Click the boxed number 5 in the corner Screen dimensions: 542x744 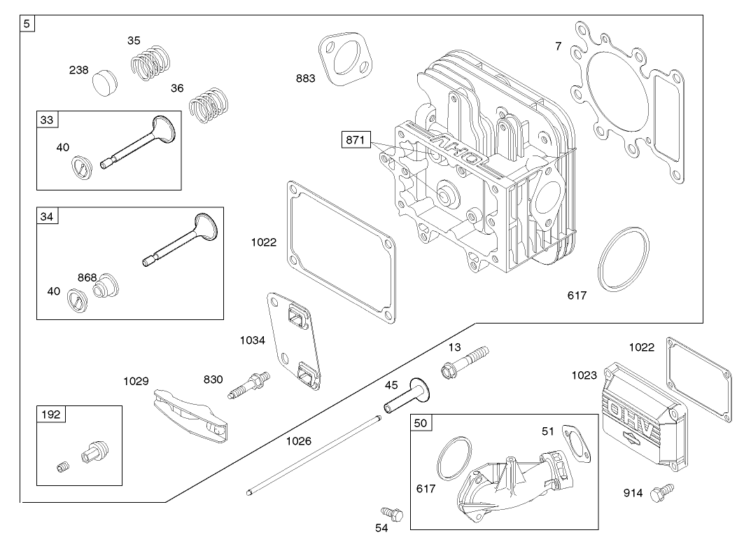[x=27, y=23]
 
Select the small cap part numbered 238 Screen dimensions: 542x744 [x=106, y=83]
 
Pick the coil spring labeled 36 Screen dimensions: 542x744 [x=208, y=105]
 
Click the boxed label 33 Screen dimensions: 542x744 [x=46, y=120]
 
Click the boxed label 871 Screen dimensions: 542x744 [x=355, y=140]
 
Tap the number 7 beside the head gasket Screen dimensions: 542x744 [x=558, y=46]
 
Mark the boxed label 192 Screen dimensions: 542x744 [x=51, y=414]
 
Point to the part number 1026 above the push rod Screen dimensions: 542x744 [x=300, y=441]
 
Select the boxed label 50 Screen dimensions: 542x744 [x=420, y=422]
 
